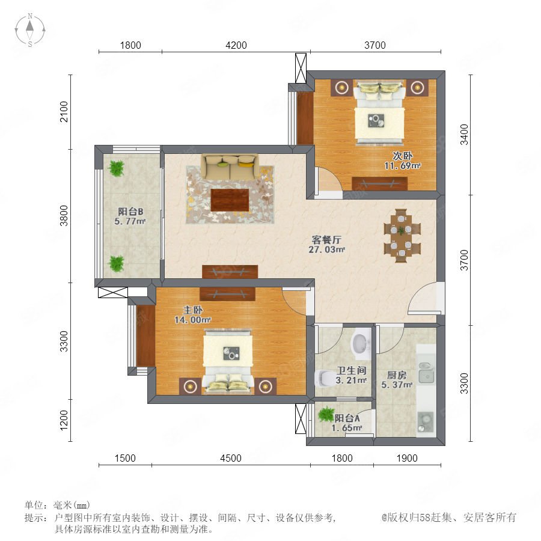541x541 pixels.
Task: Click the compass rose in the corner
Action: point(30,30)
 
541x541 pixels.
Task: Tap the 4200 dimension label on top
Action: point(236,45)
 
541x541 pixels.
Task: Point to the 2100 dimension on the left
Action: point(64,111)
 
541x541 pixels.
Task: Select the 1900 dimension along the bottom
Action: point(407,458)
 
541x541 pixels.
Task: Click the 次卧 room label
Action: point(402,156)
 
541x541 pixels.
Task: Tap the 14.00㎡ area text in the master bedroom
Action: point(192,320)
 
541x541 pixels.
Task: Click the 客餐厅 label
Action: point(326,239)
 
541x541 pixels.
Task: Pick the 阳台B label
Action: point(130,212)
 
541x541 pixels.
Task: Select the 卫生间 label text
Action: point(351,370)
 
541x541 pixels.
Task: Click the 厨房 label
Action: point(397,374)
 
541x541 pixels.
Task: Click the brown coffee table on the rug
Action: point(230,200)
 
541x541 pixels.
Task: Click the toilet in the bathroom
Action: point(323,378)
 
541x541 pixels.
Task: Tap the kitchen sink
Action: point(427,373)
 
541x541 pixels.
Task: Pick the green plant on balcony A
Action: point(326,414)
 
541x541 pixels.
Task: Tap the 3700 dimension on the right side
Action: point(465,260)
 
